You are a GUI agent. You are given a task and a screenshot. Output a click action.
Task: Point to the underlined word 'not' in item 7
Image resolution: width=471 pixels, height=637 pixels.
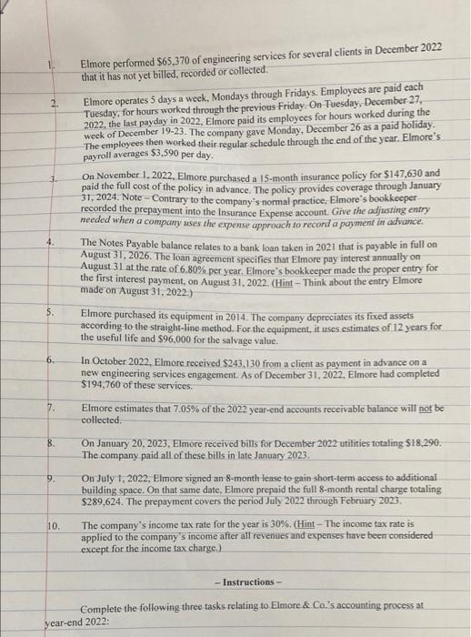pos(426,408)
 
